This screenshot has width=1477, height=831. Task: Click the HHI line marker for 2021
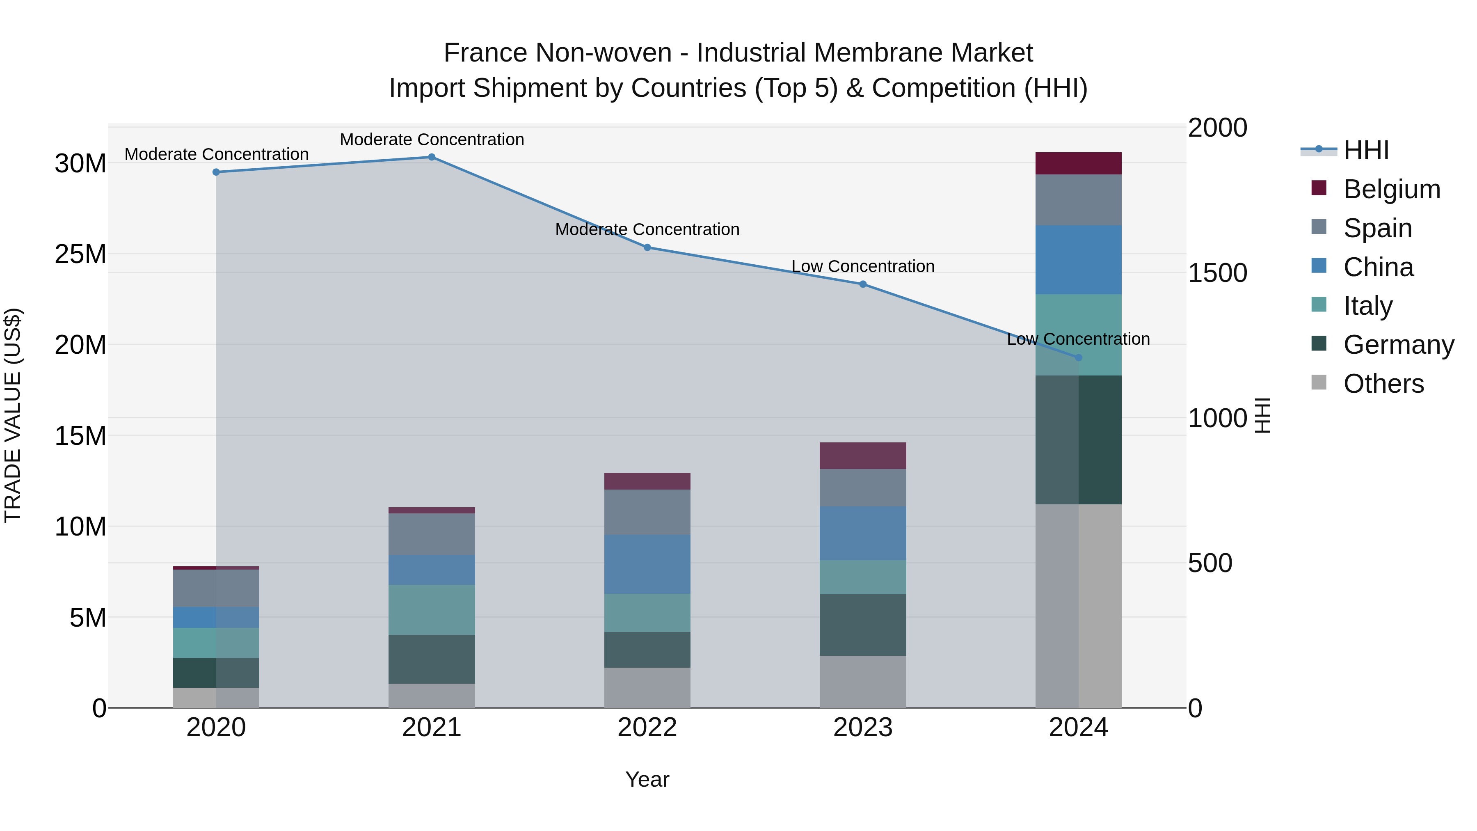coord(432,157)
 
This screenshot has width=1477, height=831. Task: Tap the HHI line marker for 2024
coord(1078,358)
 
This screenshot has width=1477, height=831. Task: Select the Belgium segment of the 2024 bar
coord(1078,163)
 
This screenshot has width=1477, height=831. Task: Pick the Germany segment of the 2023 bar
coord(862,625)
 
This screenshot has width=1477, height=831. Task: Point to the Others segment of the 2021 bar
coord(432,696)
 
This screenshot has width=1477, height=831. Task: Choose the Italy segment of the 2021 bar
coord(432,610)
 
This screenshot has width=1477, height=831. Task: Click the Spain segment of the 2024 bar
coord(1078,200)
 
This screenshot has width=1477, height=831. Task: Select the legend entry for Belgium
coord(1392,189)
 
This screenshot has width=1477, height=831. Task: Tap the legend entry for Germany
coord(1398,345)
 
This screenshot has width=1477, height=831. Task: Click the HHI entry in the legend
coord(1366,150)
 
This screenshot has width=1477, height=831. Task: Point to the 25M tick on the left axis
coord(80,254)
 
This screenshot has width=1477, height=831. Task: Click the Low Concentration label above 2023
coord(862,267)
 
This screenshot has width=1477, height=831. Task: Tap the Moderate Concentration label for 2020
coord(216,154)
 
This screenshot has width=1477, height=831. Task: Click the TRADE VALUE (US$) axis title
coord(13,416)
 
